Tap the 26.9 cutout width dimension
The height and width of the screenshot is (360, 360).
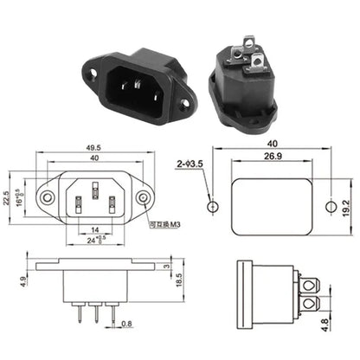pyautogui.click(x=273, y=158)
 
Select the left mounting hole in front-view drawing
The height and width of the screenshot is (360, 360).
pyautogui.click(x=48, y=199)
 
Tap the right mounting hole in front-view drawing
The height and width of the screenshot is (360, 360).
pyautogui.click(x=144, y=199)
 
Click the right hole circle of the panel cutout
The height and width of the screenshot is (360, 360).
pyautogui.click(x=328, y=208)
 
